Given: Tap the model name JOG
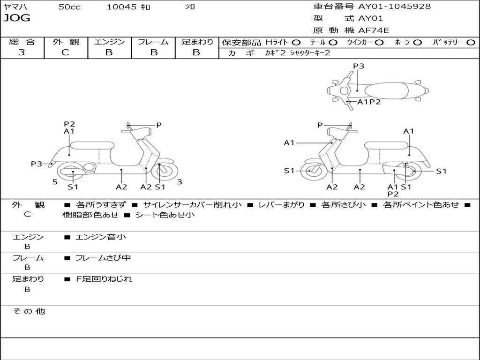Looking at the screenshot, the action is pyautogui.click(x=17, y=18).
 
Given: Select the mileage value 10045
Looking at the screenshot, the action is pyautogui.click(x=121, y=7).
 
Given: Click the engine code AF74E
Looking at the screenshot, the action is pyautogui.click(x=374, y=31).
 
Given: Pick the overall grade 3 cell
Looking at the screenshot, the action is pyautogui.click(x=22, y=52).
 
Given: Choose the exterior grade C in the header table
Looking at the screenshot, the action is pyautogui.click(x=66, y=52).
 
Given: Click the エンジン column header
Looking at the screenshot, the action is pyautogui.click(x=109, y=42).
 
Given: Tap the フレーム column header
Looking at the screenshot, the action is pyautogui.click(x=153, y=42).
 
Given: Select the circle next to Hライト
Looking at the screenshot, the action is pyautogui.click(x=296, y=43).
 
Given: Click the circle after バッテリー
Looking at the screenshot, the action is pyautogui.click(x=471, y=43).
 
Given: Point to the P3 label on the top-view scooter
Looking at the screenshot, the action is pyautogui.click(x=359, y=66).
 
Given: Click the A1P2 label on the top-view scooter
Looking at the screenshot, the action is pyautogui.click(x=369, y=102).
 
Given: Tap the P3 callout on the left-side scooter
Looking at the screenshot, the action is pyautogui.click(x=37, y=164).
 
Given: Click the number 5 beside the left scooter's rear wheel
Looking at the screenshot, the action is pyautogui.click(x=55, y=181).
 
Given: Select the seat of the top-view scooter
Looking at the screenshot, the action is pyautogui.click(x=387, y=90).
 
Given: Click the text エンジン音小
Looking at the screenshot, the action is pyautogui.click(x=100, y=237).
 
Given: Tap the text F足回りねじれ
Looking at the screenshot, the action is pyautogui.click(x=104, y=279).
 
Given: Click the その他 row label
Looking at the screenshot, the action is pyautogui.click(x=29, y=311).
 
